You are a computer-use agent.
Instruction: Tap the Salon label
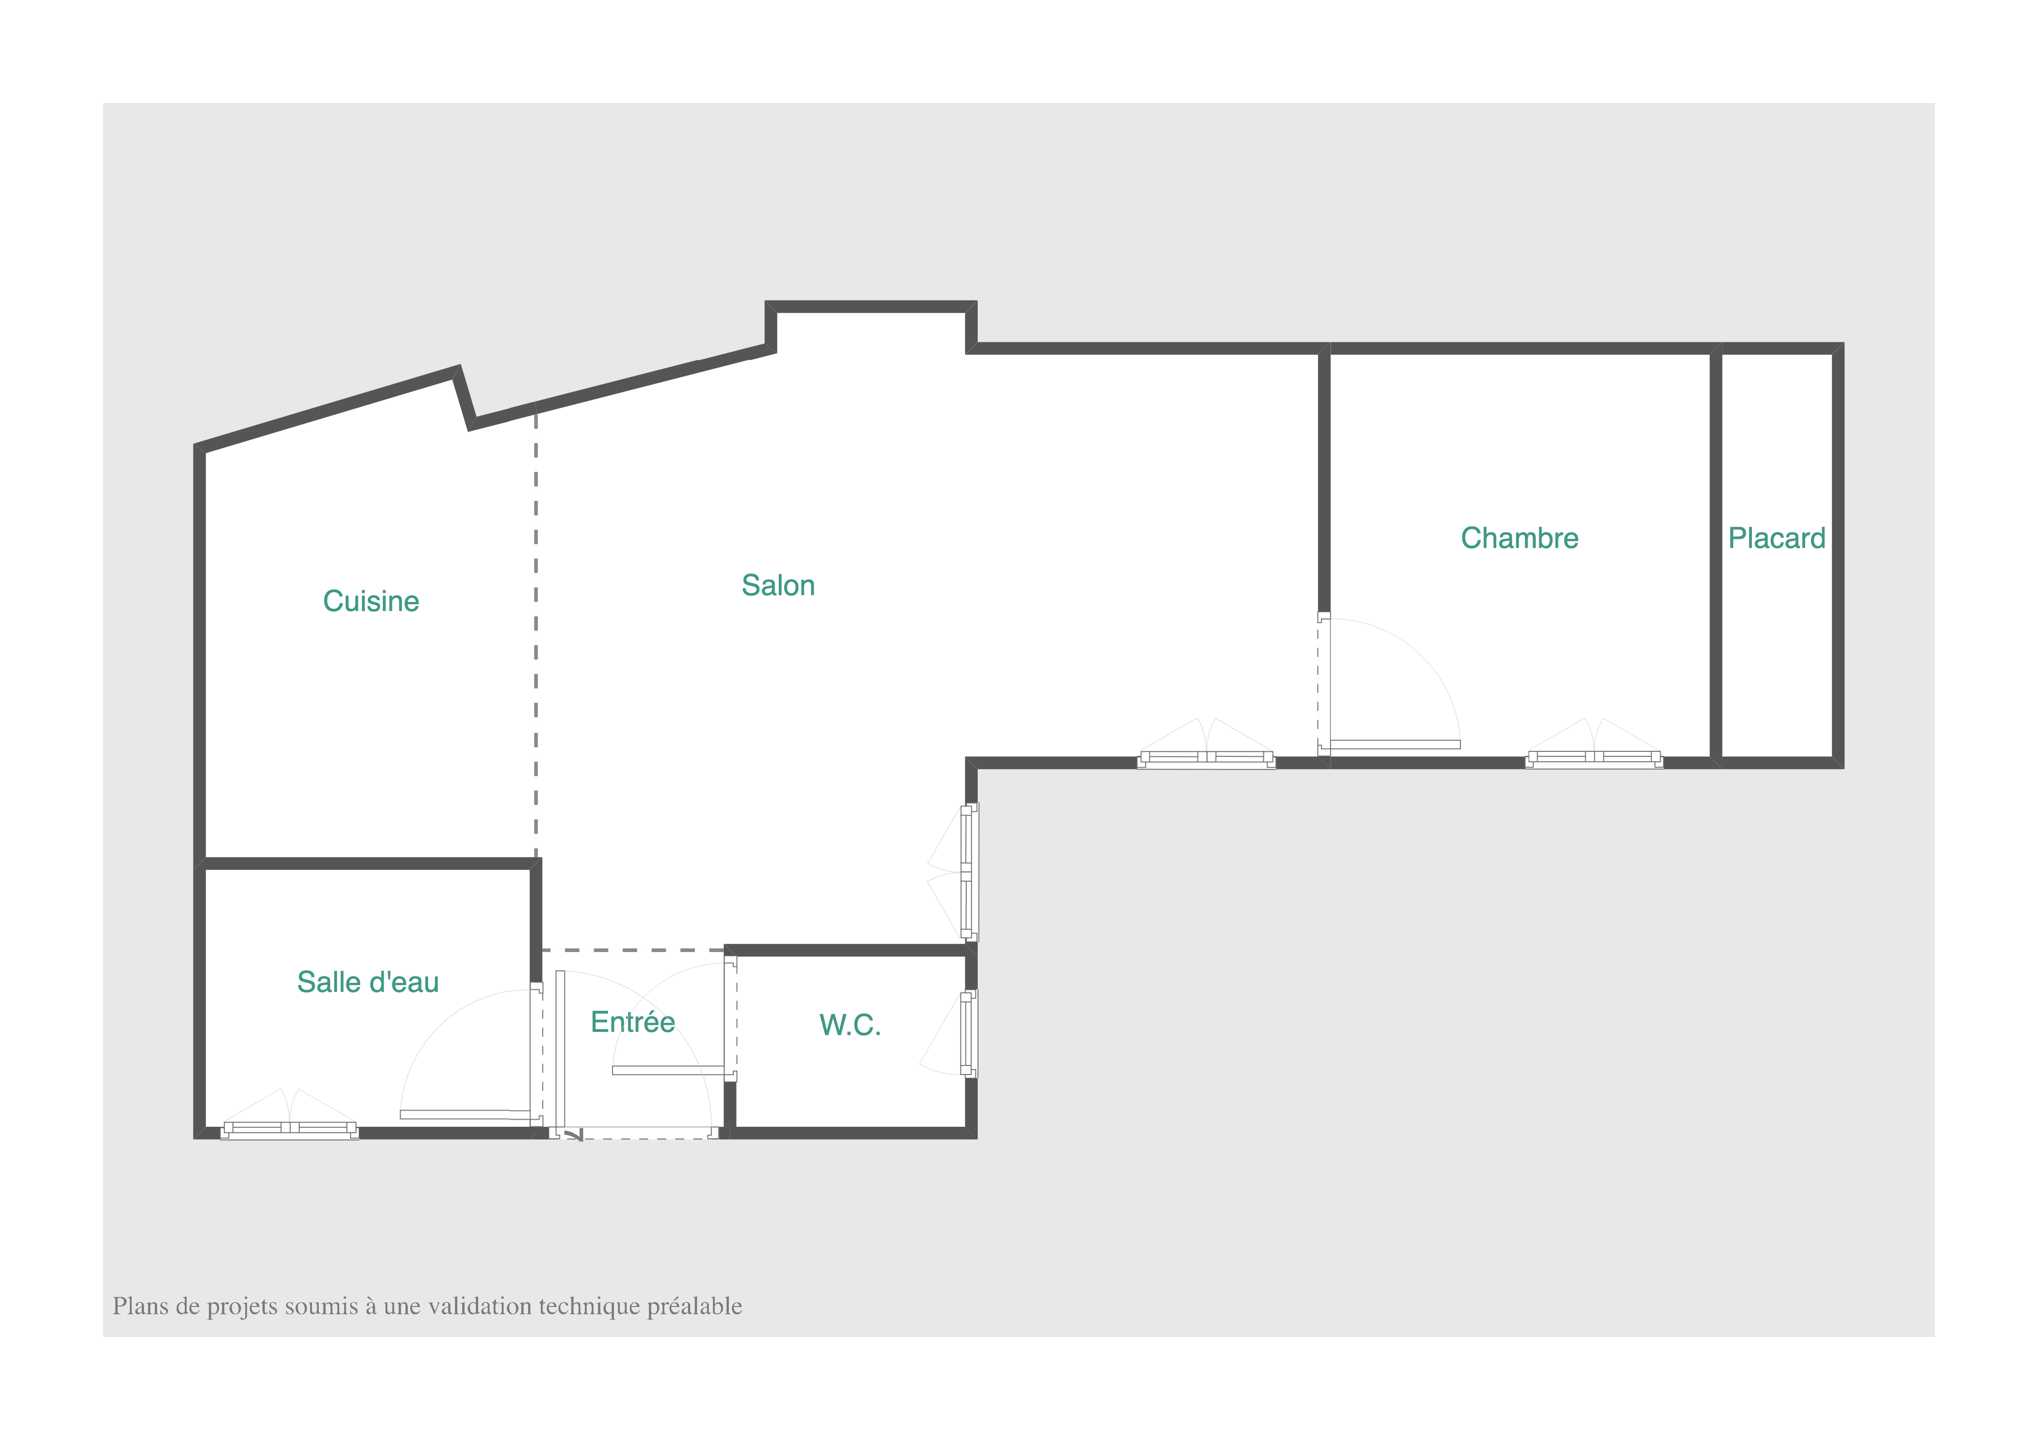pos(777,586)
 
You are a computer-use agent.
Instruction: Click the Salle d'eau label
pos(367,982)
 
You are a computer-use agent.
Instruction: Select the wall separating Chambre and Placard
pos(1716,555)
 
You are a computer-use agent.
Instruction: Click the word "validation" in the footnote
pos(480,1306)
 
